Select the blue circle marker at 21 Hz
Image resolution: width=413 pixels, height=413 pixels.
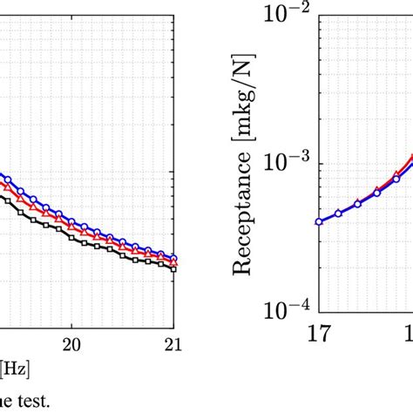tap(173, 259)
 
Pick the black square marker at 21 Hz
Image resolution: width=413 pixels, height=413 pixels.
tap(173, 269)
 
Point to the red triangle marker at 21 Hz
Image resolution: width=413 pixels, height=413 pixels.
tap(173, 263)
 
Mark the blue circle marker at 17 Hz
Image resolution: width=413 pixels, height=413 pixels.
tap(319, 221)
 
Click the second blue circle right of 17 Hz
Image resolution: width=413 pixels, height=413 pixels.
tap(338, 213)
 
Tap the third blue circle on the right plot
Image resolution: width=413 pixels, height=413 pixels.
tap(357, 204)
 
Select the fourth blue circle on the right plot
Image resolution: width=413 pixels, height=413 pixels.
tap(376, 192)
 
